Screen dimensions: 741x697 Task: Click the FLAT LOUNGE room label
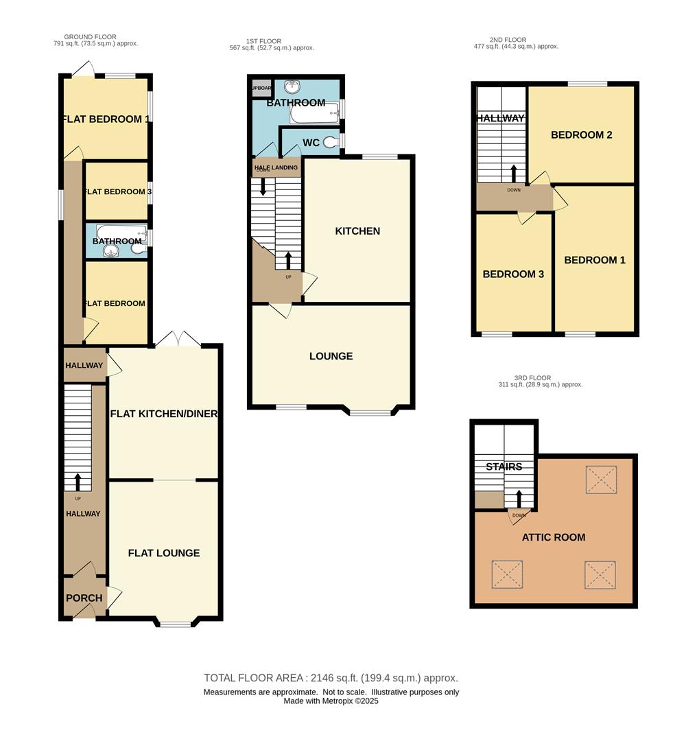coord(164,553)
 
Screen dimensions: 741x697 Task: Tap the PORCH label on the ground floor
coord(84,598)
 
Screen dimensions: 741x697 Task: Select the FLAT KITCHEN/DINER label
coord(164,414)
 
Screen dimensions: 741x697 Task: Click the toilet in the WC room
coord(331,142)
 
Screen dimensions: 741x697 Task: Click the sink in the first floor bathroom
coord(294,86)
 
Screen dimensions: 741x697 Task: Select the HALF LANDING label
coord(276,167)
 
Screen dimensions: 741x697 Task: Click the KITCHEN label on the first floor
coord(357,231)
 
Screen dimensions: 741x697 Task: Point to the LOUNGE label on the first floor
coord(331,356)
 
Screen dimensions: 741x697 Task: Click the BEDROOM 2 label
coord(581,135)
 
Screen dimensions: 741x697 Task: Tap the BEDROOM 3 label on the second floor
coord(513,274)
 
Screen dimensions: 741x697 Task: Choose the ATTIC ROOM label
coord(553,537)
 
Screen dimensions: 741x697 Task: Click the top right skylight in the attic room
coord(601,480)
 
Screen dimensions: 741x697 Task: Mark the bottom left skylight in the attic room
coord(506,574)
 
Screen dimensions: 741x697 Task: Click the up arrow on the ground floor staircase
coord(78,481)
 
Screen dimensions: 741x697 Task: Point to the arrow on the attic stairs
coord(518,497)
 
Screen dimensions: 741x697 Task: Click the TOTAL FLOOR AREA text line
coord(331,678)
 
